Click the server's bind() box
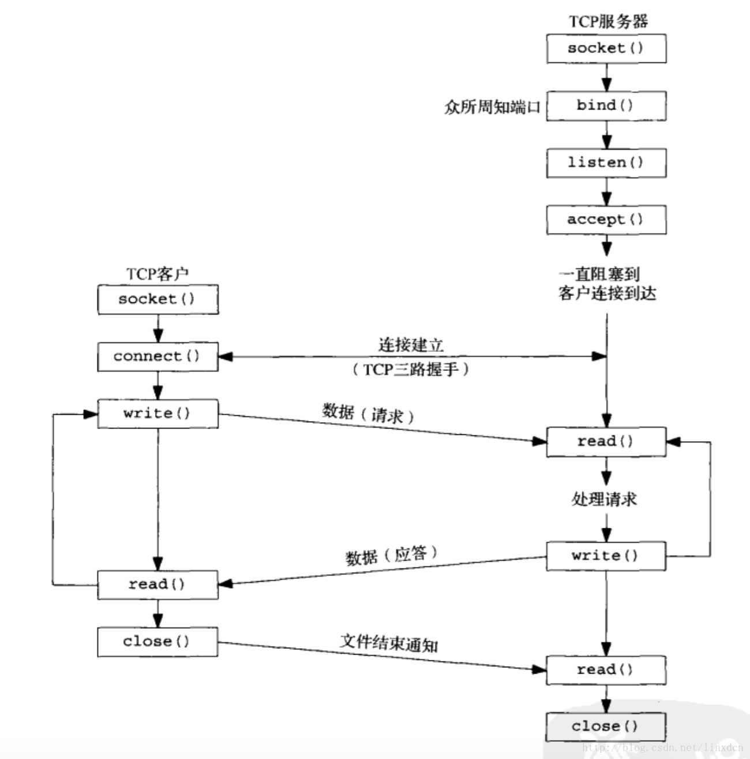pos(606,106)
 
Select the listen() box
pos(606,163)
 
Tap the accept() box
pos(606,220)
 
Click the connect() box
pos(157,356)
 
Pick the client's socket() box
pos(158,299)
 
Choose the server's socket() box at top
pos(606,48)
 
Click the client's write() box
pos(157,414)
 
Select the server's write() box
pos(606,556)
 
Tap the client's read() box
pos(157,584)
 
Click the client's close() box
pos(157,642)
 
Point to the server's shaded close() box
pos(606,727)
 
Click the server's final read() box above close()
pos(606,670)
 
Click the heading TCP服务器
pos(608,21)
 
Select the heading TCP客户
pos(157,273)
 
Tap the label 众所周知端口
pos(492,107)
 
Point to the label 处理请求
pos(604,499)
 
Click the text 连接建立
pos(411,345)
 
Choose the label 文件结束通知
pos(389,643)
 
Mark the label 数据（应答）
pos(391,555)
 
